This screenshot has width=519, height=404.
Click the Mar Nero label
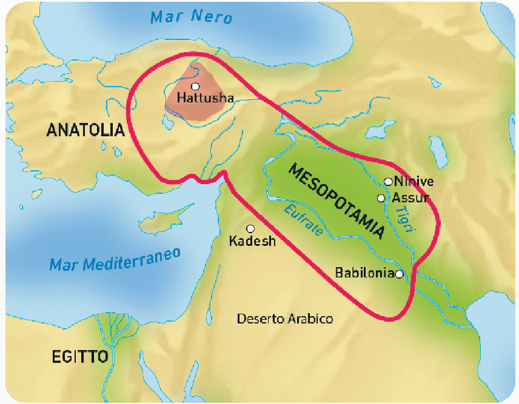pyautogui.click(x=191, y=16)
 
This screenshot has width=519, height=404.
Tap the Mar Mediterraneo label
pyautogui.click(x=115, y=259)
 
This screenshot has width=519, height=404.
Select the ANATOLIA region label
pyautogui.click(x=85, y=130)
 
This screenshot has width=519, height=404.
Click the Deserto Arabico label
pyautogui.click(x=285, y=319)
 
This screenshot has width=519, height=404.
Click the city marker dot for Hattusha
pyautogui.click(x=195, y=86)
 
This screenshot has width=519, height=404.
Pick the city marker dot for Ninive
pyautogui.click(x=388, y=181)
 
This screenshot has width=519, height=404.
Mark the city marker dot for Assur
pyautogui.click(x=381, y=197)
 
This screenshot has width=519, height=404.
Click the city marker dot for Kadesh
pyautogui.click(x=250, y=228)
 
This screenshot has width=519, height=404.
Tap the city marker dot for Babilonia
pyautogui.click(x=399, y=274)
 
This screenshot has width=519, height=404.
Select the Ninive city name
pyautogui.click(x=414, y=181)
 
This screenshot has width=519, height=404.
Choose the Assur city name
pyautogui.click(x=410, y=197)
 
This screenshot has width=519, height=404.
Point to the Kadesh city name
pyautogui.click(x=252, y=241)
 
